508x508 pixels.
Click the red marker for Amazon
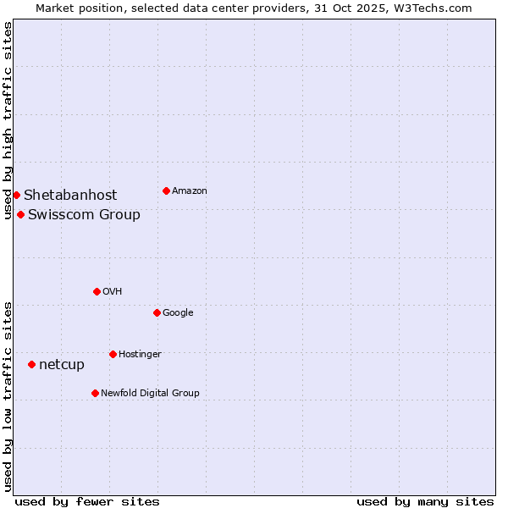pyautogui.click(x=166, y=190)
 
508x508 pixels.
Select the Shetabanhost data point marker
pyautogui.click(x=16, y=195)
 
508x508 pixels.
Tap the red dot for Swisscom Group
pyautogui.click(x=20, y=214)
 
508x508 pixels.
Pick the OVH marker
pyautogui.click(x=97, y=291)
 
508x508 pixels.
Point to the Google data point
pyautogui.click(x=157, y=312)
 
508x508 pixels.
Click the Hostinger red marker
pyautogui.click(x=113, y=354)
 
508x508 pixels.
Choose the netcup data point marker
pyautogui.click(x=31, y=364)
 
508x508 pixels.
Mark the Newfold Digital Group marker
pyautogui.click(x=95, y=393)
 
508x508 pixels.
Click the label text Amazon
pyautogui.click(x=190, y=191)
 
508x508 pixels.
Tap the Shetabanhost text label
pyautogui.click(x=70, y=196)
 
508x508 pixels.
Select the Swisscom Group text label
pyautogui.click(x=84, y=215)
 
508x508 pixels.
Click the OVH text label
pyautogui.click(x=113, y=292)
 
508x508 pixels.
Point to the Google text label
pyautogui.click(x=178, y=313)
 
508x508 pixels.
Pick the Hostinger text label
pyautogui.click(x=140, y=355)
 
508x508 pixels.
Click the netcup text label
pyautogui.click(x=62, y=365)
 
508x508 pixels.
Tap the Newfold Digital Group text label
pyautogui.click(x=150, y=394)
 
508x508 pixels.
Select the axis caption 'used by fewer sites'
pyautogui.click(x=87, y=501)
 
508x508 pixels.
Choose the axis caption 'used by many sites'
pyautogui.click(x=425, y=501)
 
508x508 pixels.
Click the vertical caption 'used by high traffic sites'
pyautogui.click(x=8, y=121)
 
